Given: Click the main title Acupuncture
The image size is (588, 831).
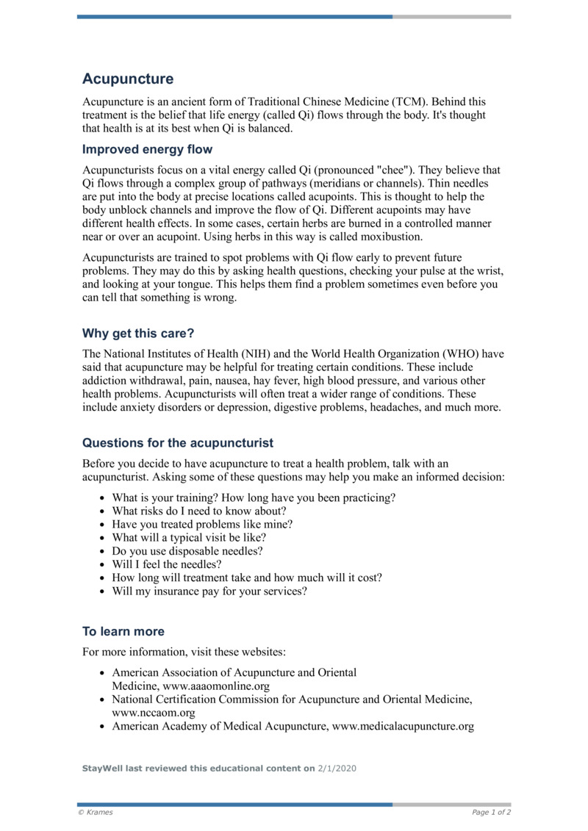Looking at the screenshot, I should (x=128, y=79).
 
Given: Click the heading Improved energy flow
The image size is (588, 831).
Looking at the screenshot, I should (x=147, y=150).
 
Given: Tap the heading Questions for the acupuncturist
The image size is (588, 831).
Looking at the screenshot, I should (x=178, y=442).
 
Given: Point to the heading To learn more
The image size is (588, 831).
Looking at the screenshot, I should (x=123, y=631).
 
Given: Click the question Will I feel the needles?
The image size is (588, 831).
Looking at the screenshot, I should (x=167, y=564).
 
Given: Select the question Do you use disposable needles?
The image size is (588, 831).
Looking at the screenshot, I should (x=187, y=550).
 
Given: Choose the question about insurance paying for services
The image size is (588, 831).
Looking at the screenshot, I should (x=209, y=591).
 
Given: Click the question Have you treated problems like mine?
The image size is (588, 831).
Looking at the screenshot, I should (x=202, y=524).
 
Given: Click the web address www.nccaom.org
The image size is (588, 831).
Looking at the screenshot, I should (x=154, y=713).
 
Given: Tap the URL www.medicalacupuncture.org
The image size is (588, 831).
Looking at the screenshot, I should (x=403, y=727).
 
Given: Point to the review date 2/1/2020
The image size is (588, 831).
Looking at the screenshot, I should (x=337, y=768).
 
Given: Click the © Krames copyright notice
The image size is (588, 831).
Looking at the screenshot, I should (x=96, y=813).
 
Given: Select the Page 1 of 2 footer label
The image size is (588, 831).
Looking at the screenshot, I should (x=491, y=813).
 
